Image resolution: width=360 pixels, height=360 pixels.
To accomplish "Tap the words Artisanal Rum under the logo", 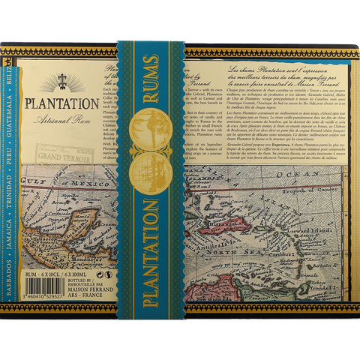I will coord(55,121).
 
